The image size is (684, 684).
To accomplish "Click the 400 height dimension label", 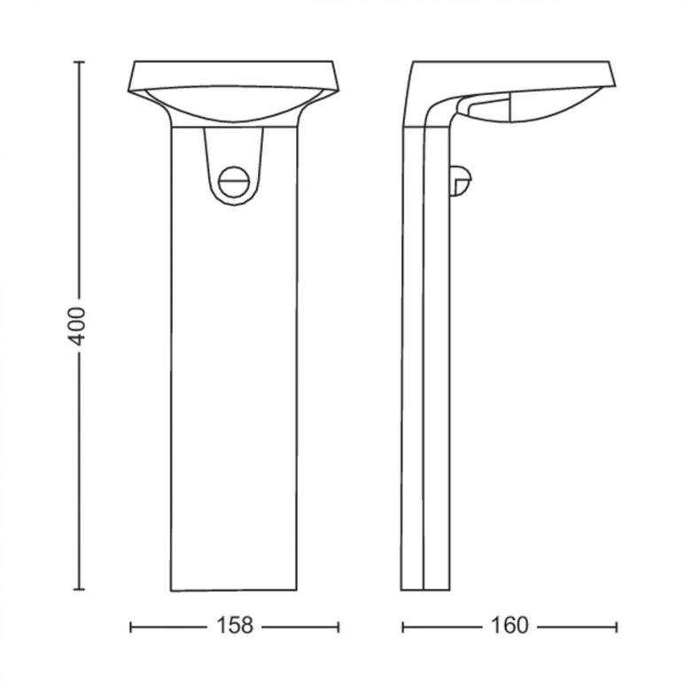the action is [x=79, y=326].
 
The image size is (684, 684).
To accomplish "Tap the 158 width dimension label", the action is [x=235, y=626].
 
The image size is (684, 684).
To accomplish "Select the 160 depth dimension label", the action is [x=509, y=626].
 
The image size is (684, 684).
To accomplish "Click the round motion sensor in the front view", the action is [x=234, y=182].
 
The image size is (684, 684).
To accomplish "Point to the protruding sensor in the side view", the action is [x=461, y=181].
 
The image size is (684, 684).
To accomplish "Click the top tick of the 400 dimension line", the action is [x=79, y=62].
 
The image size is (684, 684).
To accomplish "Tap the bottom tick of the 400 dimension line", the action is [x=79, y=589].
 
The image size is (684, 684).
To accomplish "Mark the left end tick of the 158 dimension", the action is [x=131, y=627].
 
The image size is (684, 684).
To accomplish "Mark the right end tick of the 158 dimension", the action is [x=338, y=627].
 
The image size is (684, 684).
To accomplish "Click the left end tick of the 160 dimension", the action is [x=403, y=627].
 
